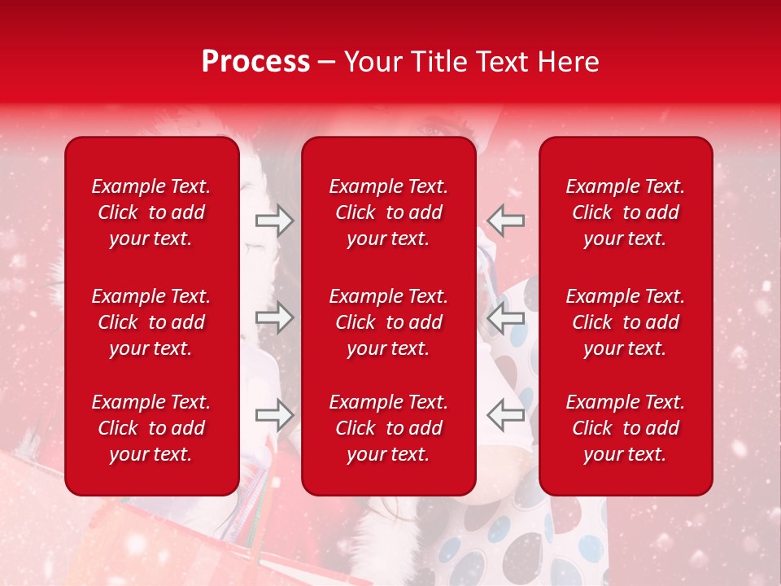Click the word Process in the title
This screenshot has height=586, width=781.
tap(255, 62)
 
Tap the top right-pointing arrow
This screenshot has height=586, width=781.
tap(274, 221)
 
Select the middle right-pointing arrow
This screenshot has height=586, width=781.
tap(274, 317)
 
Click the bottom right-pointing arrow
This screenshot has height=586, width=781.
tap(274, 414)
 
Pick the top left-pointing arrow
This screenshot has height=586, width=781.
tap(506, 221)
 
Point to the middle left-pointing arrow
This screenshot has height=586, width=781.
tap(506, 317)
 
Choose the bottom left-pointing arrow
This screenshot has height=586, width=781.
tap(506, 414)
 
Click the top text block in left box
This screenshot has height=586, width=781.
tap(151, 212)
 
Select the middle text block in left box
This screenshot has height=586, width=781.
tap(151, 322)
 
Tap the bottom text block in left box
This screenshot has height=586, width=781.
tap(151, 428)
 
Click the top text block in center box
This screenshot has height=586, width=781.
tap(389, 212)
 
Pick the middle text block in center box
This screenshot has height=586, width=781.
tap(389, 322)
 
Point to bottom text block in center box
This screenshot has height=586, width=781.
tap(389, 428)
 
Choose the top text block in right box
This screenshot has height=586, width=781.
tap(626, 212)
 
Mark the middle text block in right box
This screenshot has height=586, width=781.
tap(626, 322)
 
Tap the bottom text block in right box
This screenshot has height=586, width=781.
tap(626, 428)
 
